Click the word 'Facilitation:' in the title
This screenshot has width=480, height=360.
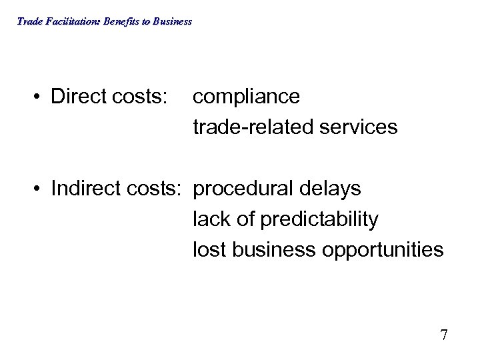coord(69,21)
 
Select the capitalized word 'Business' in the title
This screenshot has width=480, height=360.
coord(172,21)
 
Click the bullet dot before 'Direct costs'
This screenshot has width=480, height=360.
coord(39,97)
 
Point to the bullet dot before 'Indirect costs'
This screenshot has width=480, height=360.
coord(39,189)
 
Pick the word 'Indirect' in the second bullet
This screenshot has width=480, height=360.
coord(85,189)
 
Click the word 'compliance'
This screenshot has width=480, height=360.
coord(246,97)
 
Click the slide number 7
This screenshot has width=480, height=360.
coord(443,334)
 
